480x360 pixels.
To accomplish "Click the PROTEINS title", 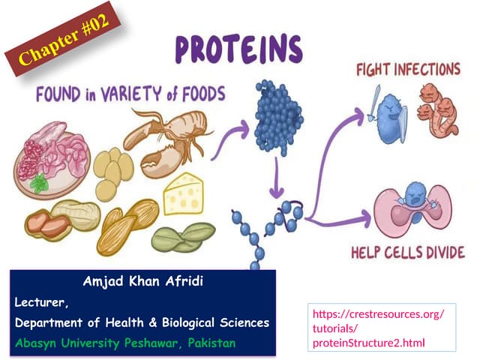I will (238, 49).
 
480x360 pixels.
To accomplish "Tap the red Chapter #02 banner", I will (63, 46).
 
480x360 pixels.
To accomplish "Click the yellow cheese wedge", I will (184, 193).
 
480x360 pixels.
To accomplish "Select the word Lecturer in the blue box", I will (41, 302).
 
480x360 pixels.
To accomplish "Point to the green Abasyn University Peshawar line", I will (124, 343).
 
